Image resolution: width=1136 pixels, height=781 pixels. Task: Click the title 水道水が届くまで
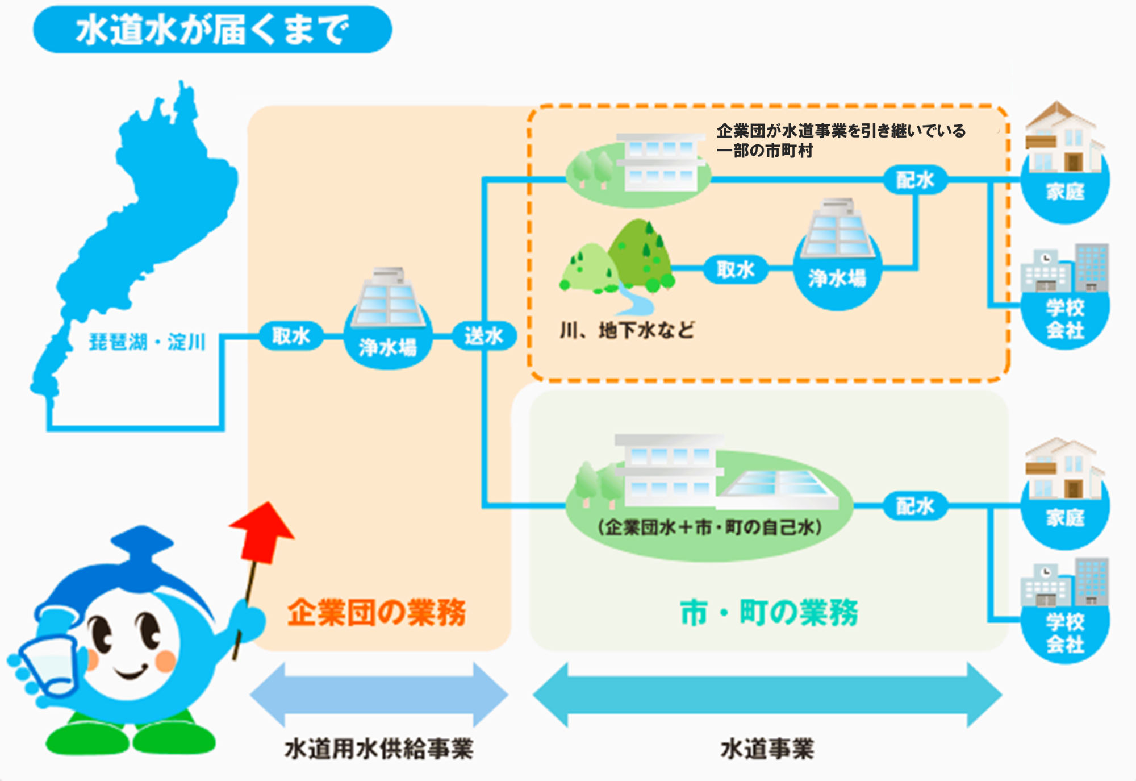pos(212,30)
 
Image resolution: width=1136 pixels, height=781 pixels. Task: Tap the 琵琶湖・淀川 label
pos(147,342)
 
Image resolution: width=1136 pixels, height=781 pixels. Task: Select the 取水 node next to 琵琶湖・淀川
pos(291,336)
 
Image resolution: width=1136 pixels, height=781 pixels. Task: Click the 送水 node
pos(483,336)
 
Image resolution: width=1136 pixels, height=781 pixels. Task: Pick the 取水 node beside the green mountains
pos(735,269)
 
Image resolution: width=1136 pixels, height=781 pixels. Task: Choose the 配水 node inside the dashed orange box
pos(914,180)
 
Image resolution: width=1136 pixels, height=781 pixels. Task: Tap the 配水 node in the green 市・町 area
pos(914,506)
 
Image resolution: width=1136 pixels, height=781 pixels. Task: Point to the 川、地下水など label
pos(627,330)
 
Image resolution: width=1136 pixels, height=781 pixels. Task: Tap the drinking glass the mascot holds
pos(48,665)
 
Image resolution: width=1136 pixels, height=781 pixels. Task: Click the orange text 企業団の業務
pos(377,613)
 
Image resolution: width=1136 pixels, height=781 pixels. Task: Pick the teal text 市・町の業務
pos(769,613)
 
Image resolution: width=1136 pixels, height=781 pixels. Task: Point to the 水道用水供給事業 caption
pos(379,749)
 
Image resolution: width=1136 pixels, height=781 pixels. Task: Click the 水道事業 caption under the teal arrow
pos(767,749)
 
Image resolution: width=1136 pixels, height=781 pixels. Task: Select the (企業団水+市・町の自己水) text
pos(710,527)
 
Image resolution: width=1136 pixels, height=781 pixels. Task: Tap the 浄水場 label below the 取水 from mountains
pos(837,279)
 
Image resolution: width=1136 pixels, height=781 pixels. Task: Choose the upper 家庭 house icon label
pos(1066,192)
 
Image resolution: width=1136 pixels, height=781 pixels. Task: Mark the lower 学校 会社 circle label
pos(1066,633)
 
